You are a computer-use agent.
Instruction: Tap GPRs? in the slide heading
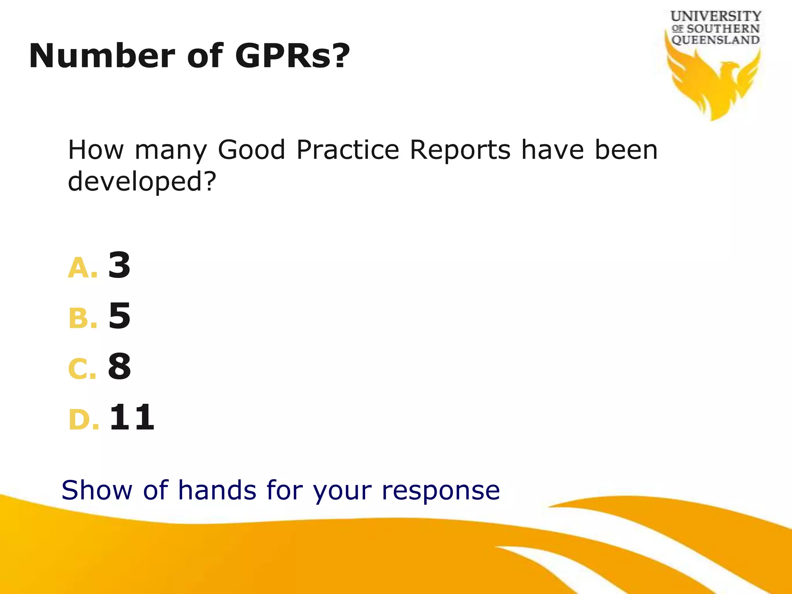tap(292, 56)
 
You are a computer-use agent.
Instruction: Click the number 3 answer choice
tap(119, 265)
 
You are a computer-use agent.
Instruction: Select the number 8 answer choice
tap(119, 366)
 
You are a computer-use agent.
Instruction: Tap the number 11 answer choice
tap(132, 417)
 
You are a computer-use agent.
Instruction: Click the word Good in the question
tap(251, 150)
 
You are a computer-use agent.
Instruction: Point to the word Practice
tap(348, 150)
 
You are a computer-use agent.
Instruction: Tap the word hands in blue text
tap(217, 490)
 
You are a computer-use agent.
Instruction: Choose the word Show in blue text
tap(97, 490)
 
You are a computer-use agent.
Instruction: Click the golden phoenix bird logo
tap(714, 83)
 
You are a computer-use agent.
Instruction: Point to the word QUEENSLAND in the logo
tap(715, 40)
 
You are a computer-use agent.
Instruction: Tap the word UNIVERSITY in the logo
tap(715, 16)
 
